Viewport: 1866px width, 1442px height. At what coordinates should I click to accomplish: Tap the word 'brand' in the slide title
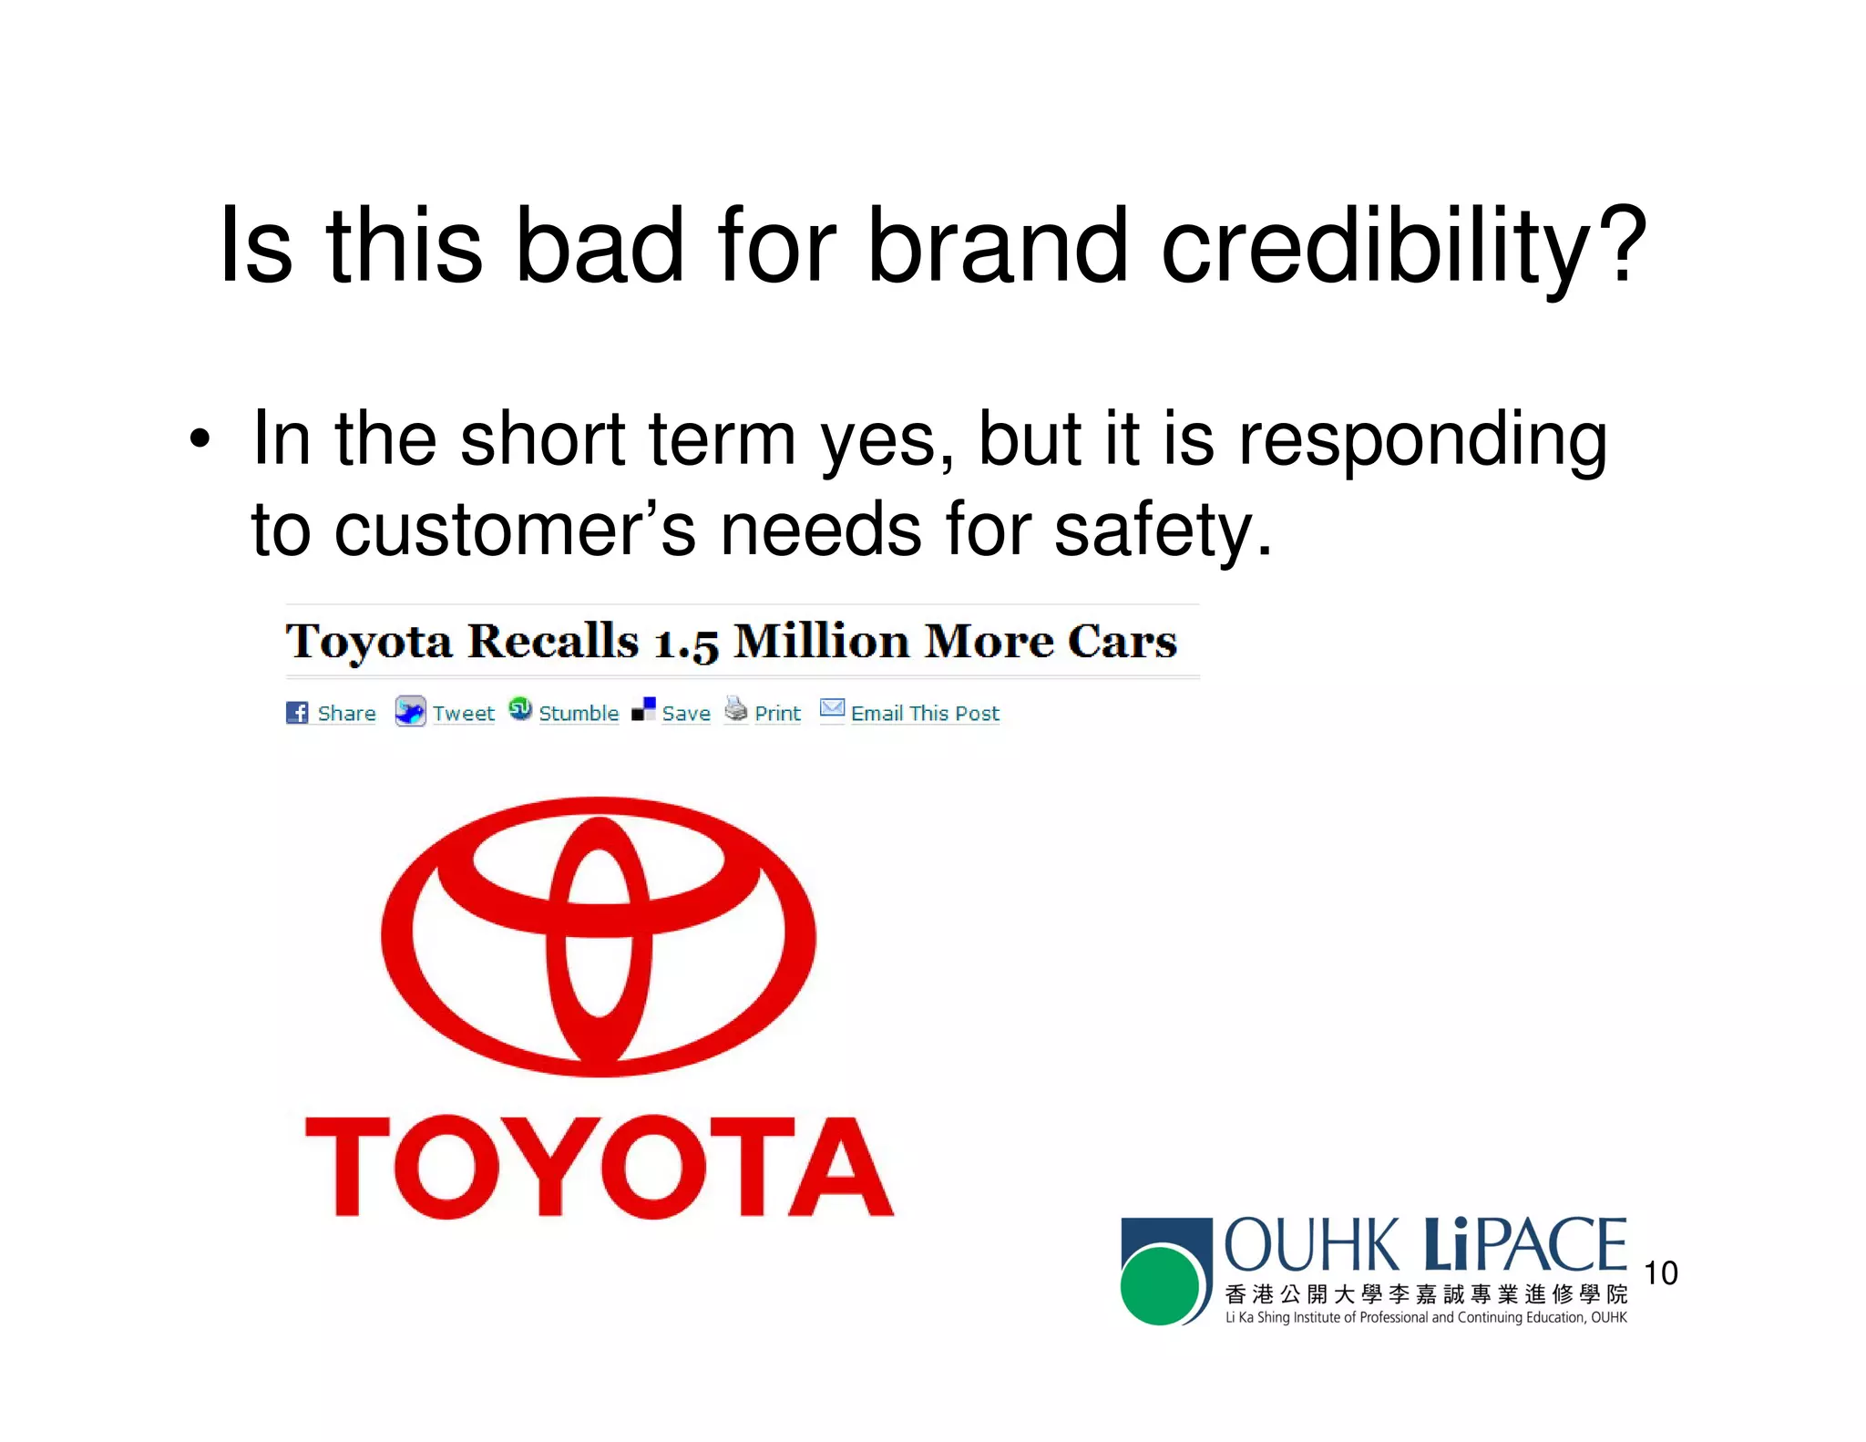[997, 244]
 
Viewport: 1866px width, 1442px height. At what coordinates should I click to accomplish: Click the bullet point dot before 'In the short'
[200, 440]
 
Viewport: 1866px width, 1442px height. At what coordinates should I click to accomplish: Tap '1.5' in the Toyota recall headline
[686, 644]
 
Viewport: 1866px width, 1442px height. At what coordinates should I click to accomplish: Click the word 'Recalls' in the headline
[553, 641]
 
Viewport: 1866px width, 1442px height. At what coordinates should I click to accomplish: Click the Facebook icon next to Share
[297, 713]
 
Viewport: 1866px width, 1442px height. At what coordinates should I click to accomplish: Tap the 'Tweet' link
[463, 713]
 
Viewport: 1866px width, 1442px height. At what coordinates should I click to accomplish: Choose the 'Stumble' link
[579, 713]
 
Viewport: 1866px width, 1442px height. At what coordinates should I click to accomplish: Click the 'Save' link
[686, 713]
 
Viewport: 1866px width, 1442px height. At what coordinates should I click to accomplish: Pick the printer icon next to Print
[735, 709]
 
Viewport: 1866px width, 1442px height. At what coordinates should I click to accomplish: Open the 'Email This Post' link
[925, 713]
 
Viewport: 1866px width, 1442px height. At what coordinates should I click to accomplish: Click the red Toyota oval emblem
[598, 936]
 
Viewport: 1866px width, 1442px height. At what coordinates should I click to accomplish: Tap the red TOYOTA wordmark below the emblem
[599, 1168]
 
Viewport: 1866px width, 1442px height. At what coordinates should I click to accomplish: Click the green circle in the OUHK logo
[1160, 1285]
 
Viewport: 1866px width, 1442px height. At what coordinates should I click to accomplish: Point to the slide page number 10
[1660, 1272]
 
